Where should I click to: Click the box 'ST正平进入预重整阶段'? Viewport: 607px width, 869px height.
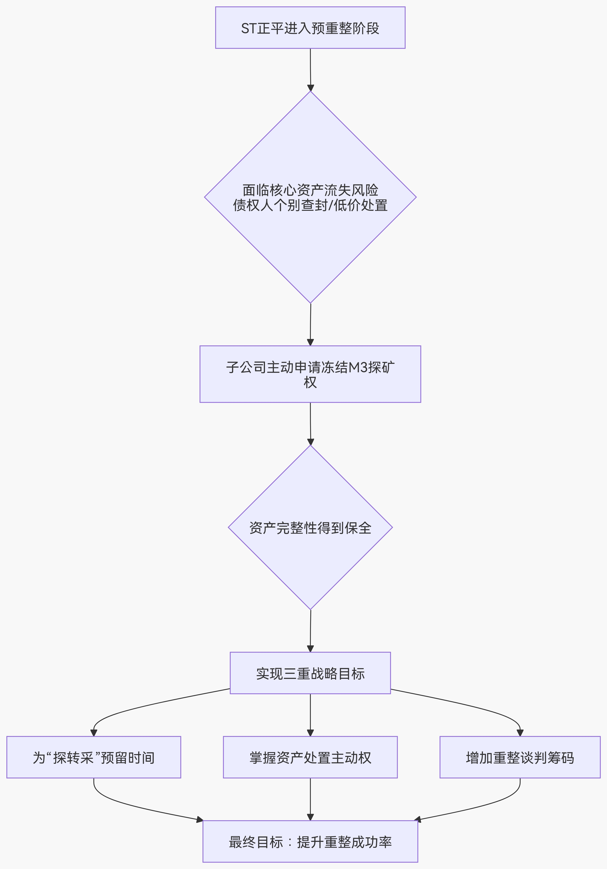310,28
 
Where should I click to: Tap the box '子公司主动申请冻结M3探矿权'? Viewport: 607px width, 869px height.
310,374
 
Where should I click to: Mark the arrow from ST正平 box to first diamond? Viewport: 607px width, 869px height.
310,70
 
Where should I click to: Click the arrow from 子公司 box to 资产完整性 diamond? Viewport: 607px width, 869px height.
310,424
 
